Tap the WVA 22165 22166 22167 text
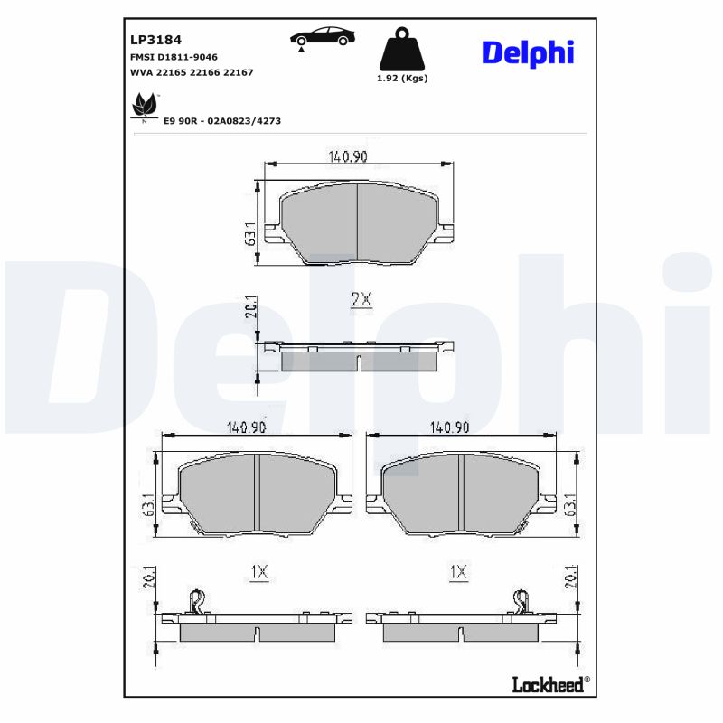(192, 71)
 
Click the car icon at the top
(322, 38)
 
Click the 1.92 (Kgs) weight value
(401, 79)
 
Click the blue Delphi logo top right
(527, 52)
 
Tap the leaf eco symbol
(144, 108)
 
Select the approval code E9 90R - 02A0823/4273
(222, 119)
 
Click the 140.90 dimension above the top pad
(348, 156)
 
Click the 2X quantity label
(361, 300)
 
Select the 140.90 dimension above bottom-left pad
(246, 427)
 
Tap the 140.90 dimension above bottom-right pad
(449, 427)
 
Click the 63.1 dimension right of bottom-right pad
(569, 504)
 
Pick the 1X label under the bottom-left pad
(258, 571)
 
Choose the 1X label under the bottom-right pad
(458, 571)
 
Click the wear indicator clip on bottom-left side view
(196, 600)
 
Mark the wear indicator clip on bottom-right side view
(521, 600)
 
